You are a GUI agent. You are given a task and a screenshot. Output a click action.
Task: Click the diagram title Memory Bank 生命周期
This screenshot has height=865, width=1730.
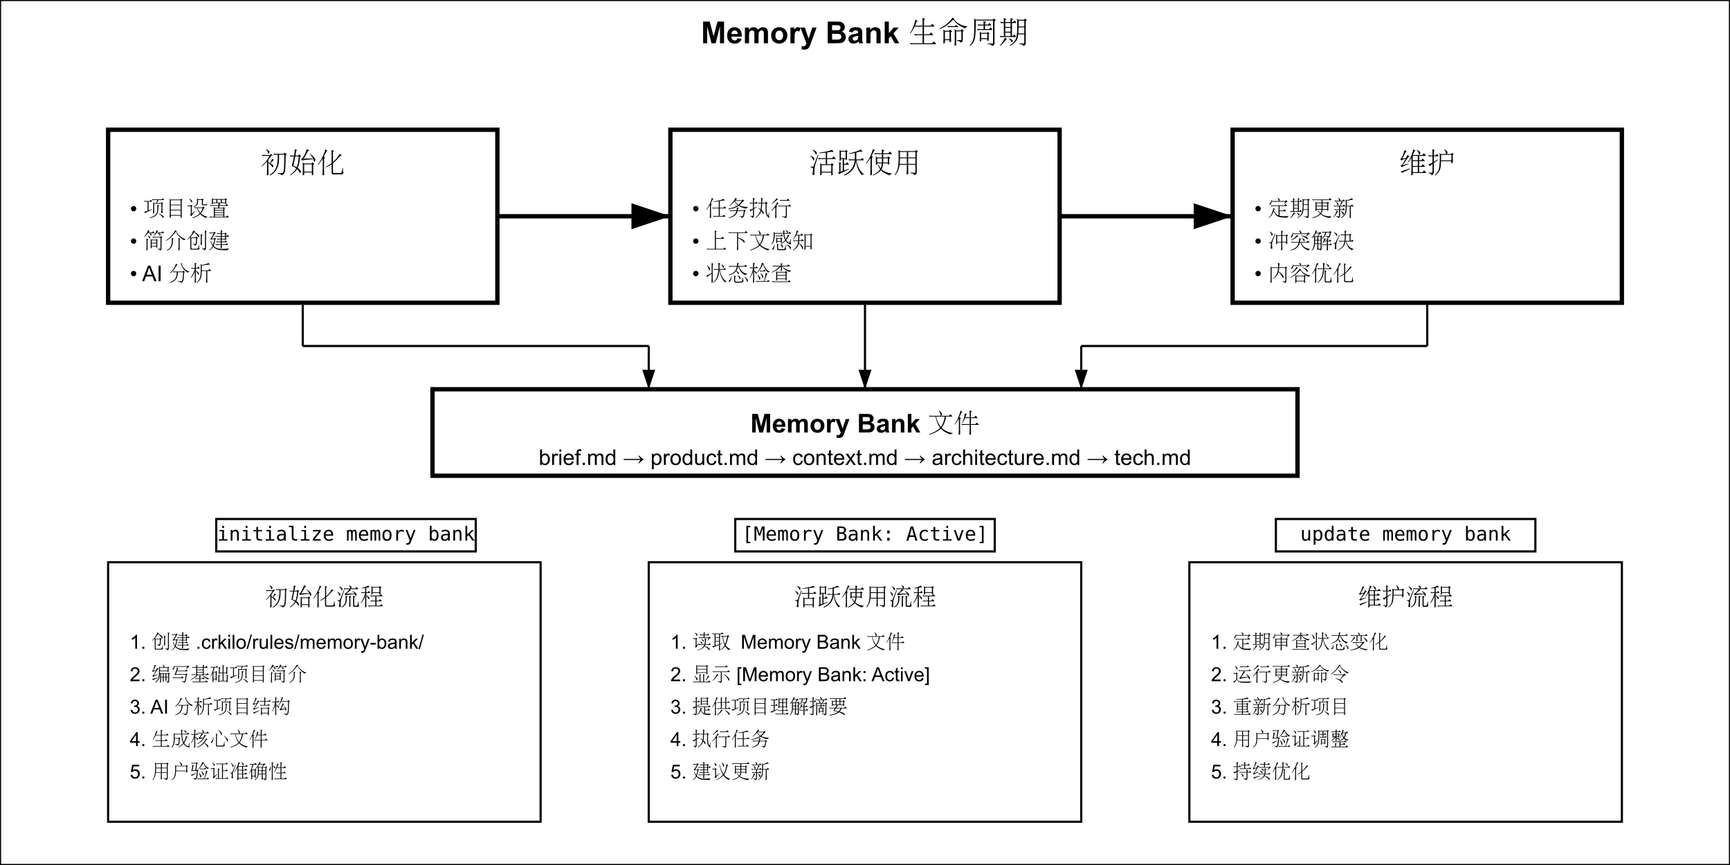click(x=864, y=33)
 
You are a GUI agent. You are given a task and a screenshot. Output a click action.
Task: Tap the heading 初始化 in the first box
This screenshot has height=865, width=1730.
click(x=302, y=163)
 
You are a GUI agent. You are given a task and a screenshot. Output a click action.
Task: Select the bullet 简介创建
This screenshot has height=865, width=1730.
click(x=186, y=241)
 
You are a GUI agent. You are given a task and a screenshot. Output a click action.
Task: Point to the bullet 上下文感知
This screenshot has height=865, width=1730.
click(x=759, y=241)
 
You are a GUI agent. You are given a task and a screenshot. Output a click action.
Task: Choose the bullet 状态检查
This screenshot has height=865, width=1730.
click(x=748, y=273)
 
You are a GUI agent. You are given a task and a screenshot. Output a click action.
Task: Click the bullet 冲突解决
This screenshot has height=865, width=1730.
click(x=1311, y=241)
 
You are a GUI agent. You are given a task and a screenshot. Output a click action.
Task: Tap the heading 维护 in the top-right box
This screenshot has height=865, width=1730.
click(x=1427, y=163)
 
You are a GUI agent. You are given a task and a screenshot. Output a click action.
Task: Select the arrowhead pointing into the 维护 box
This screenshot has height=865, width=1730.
click(x=1213, y=216)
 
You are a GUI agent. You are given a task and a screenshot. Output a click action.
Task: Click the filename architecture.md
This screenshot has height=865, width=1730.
click(x=1005, y=458)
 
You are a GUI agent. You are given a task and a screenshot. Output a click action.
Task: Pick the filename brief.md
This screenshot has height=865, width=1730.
click(x=577, y=458)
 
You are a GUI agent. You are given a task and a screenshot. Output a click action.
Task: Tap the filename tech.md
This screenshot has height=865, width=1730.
click(x=1152, y=458)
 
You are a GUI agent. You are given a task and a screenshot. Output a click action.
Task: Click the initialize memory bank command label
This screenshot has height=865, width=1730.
click(x=346, y=535)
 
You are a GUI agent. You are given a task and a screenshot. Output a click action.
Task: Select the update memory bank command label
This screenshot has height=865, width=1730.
click(x=1405, y=535)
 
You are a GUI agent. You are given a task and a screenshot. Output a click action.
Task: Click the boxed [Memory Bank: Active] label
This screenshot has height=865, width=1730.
click(x=864, y=535)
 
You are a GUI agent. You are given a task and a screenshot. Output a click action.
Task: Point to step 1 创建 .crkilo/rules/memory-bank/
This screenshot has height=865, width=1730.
click(x=277, y=642)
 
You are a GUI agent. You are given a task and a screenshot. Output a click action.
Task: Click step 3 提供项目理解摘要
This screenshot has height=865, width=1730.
click(x=759, y=707)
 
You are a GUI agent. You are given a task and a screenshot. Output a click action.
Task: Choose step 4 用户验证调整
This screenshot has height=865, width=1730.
click(x=1280, y=739)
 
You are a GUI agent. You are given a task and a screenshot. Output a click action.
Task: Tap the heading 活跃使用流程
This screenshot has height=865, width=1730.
click(x=864, y=597)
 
